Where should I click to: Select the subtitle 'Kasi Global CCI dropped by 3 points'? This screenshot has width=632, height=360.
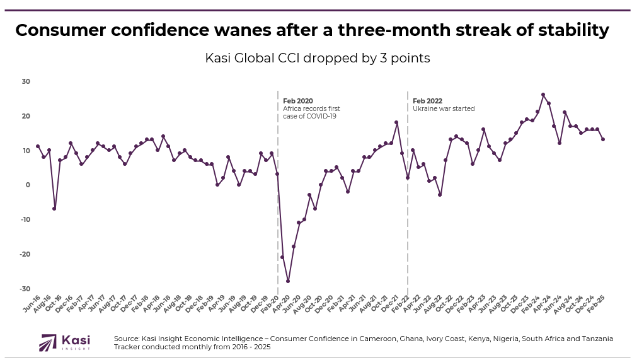click(x=318, y=58)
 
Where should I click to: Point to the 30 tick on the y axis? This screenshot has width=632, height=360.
click(x=26, y=81)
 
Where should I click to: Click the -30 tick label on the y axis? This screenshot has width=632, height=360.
click(x=25, y=289)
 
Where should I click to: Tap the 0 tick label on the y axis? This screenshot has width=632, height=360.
click(x=28, y=185)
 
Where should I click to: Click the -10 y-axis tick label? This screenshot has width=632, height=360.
click(x=25, y=219)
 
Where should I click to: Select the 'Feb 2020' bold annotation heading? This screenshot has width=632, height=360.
click(x=297, y=101)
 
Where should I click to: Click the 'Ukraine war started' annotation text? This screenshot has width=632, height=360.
click(x=444, y=108)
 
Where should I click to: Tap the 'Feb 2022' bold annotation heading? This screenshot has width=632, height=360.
click(x=427, y=101)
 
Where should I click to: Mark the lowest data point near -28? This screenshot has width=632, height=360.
click(x=288, y=281)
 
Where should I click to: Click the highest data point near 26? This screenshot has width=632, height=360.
click(x=543, y=95)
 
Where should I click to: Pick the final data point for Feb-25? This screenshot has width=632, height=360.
click(x=603, y=139)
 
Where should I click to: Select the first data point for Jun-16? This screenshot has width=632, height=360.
click(x=38, y=146)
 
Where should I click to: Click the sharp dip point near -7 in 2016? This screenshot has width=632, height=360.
click(x=54, y=209)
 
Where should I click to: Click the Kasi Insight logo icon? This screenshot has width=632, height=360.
click(x=49, y=342)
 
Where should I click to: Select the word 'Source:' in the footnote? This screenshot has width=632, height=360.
click(x=127, y=339)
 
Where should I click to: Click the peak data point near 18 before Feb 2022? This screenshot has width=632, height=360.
click(x=396, y=122)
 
